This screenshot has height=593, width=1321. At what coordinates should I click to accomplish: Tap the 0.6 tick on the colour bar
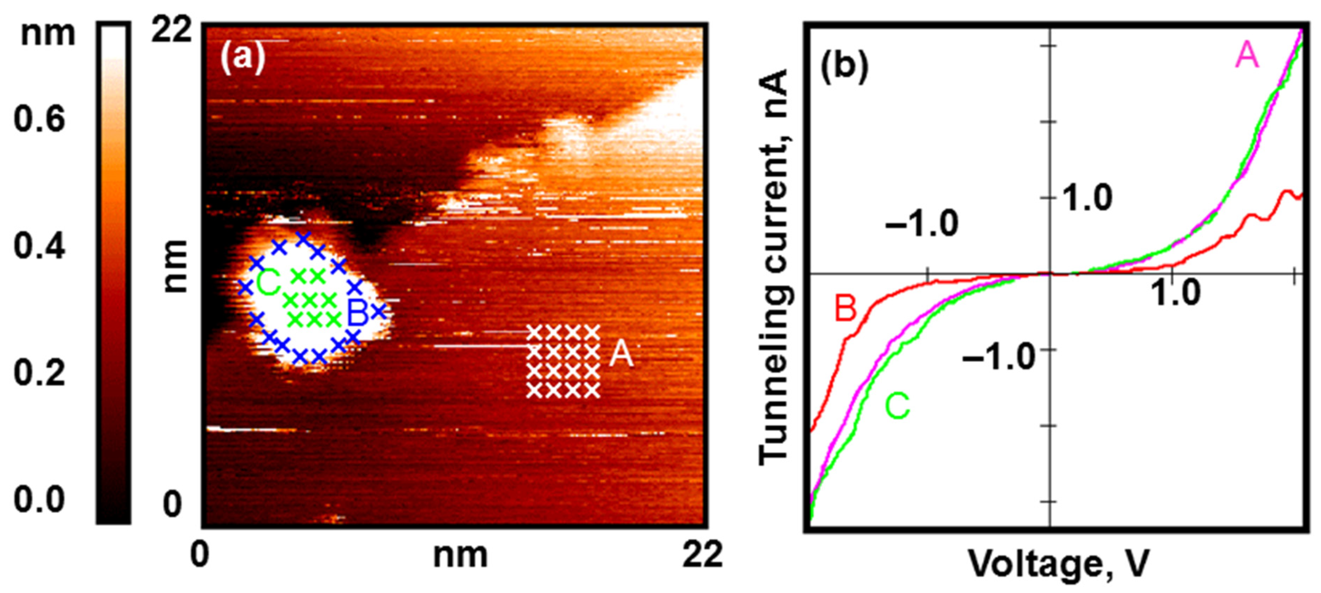39,119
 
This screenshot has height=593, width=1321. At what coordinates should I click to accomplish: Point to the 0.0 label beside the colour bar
39,499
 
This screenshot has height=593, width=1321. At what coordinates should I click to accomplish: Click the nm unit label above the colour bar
48,34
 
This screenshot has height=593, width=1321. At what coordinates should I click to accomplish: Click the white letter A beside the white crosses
621,354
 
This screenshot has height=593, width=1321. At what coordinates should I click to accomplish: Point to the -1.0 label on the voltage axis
921,224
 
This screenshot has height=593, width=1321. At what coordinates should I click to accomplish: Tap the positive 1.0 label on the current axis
1087,198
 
